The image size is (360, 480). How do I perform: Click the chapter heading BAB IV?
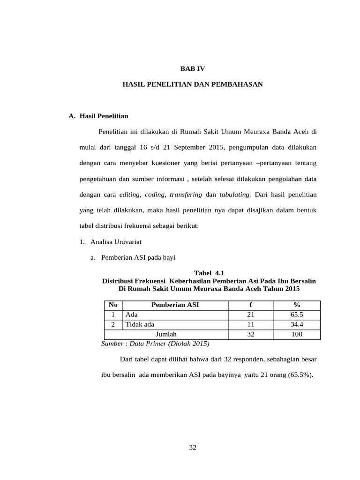click(x=193, y=68)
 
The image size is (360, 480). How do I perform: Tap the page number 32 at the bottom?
click(x=193, y=447)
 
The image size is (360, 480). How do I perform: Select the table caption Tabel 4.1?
click(x=209, y=273)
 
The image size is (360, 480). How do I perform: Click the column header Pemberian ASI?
click(x=175, y=305)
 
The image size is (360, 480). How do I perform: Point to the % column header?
click(x=297, y=305)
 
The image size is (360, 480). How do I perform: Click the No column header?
click(x=113, y=305)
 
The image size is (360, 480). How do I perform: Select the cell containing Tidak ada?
click(x=140, y=324)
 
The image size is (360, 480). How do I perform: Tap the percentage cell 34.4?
click(x=297, y=324)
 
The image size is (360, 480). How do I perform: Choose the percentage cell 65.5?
click(x=297, y=315)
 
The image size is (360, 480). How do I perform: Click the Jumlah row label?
click(x=166, y=334)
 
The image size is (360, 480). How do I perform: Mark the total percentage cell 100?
click(x=297, y=334)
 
